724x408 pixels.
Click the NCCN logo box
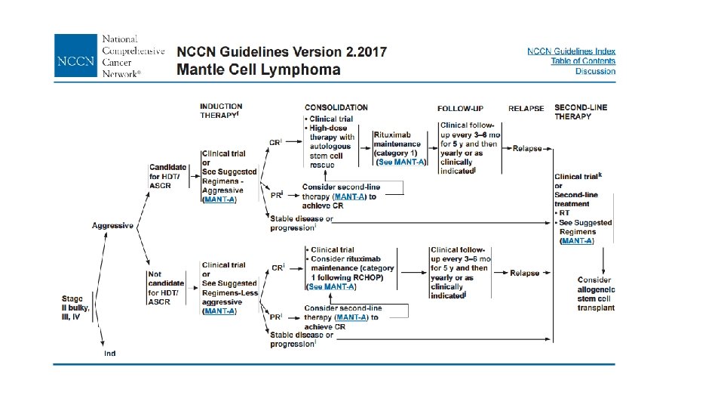(75, 55)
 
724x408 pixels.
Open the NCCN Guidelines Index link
(571, 51)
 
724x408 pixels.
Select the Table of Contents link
(583, 61)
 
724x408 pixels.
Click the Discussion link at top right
(595, 72)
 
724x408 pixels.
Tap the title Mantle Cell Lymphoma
(258, 70)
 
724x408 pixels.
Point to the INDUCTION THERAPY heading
(221, 111)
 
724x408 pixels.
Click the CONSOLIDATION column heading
(336, 108)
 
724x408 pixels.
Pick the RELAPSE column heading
(526, 108)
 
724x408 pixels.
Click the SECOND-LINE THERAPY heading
(581, 112)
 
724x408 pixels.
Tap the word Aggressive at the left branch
(113, 225)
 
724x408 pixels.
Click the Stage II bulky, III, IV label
(75, 308)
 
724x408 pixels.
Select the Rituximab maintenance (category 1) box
(399, 143)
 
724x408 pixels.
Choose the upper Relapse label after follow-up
(527, 148)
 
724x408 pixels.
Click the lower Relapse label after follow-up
(524, 273)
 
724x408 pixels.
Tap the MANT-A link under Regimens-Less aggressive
(219, 311)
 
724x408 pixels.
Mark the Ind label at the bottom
(110, 353)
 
